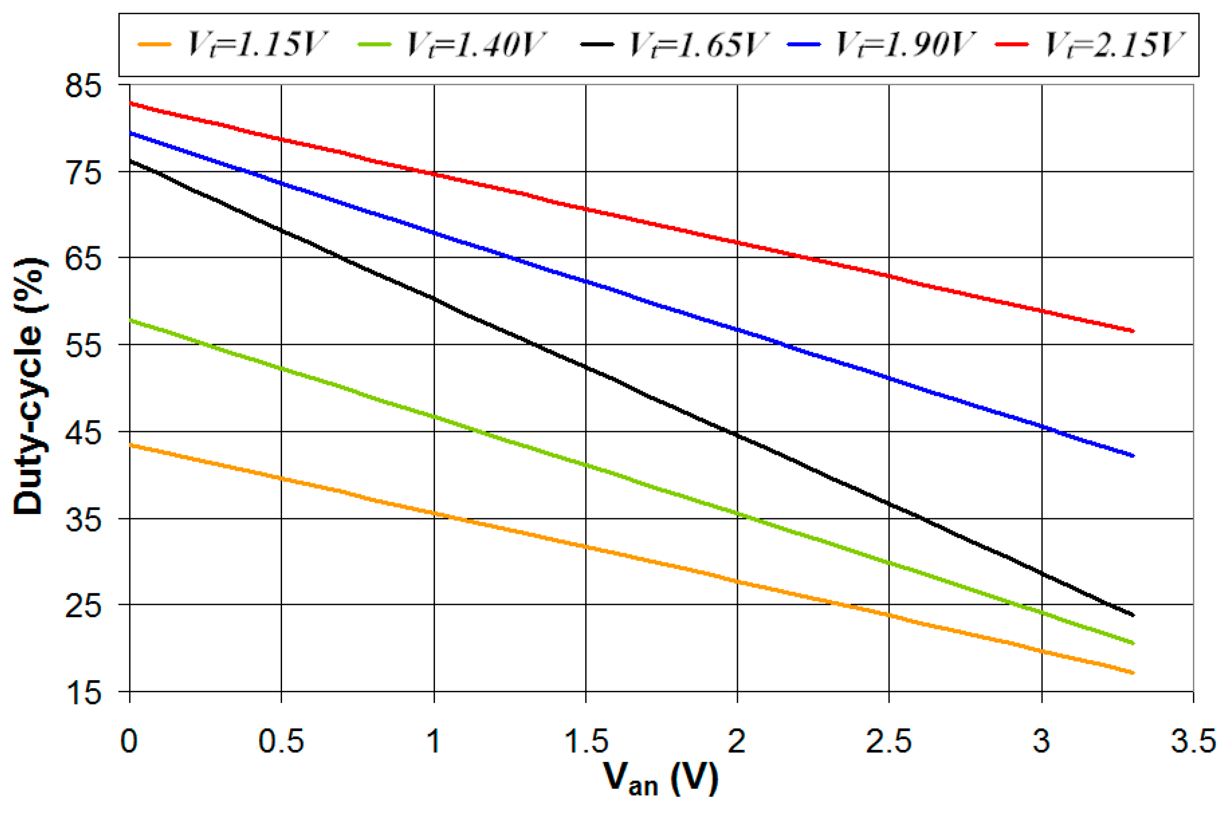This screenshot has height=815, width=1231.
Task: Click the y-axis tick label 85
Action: [x=83, y=86]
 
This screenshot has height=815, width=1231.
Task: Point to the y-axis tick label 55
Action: [x=83, y=344]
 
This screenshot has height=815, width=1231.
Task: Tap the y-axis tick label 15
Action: [x=83, y=693]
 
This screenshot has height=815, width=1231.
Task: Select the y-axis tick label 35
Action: [x=83, y=519]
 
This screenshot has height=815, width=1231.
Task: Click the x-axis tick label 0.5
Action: [x=281, y=741]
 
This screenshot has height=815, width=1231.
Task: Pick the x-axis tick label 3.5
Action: [x=1193, y=741]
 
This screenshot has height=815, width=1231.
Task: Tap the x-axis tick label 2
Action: [x=737, y=741]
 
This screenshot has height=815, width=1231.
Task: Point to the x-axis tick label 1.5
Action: [x=586, y=741]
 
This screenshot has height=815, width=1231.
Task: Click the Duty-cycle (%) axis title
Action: [x=29, y=387]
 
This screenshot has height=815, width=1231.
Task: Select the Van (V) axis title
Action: [x=661, y=780]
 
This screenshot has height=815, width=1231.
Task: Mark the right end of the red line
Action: [x=1133, y=331]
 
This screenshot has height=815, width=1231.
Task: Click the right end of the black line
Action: [x=1133, y=615]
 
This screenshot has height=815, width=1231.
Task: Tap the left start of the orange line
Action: [x=130, y=445]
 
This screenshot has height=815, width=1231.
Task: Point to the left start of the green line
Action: [x=130, y=320]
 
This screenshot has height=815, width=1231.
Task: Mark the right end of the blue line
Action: [x=1133, y=456]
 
